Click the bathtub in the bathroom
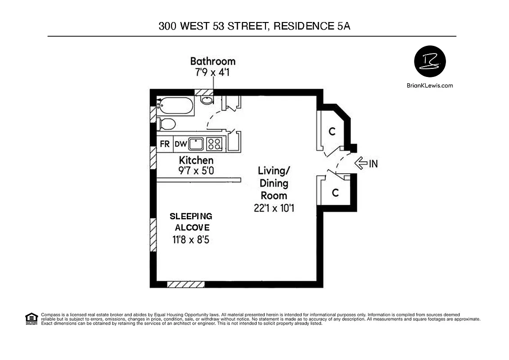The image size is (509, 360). [176, 106]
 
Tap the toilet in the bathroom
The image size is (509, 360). [167, 124]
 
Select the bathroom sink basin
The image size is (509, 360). [206, 100]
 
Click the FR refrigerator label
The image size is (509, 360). [165, 144]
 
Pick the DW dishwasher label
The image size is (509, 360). [180, 144]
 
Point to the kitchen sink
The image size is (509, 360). [196, 144]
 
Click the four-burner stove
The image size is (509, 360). [214, 144]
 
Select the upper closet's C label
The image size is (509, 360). [332, 131]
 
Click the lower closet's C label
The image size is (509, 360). [335, 193]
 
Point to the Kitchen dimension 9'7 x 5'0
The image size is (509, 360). [196, 171]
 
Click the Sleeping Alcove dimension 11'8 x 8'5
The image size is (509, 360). [190, 240]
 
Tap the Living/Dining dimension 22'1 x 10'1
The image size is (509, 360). [274, 208]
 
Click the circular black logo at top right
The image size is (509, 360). [429, 61]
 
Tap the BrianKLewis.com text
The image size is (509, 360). [429, 85]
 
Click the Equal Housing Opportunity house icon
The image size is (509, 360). [31, 318]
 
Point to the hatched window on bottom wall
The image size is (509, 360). [185, 284]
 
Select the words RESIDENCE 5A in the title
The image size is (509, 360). [311, 26]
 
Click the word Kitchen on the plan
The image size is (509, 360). [196, 160]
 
